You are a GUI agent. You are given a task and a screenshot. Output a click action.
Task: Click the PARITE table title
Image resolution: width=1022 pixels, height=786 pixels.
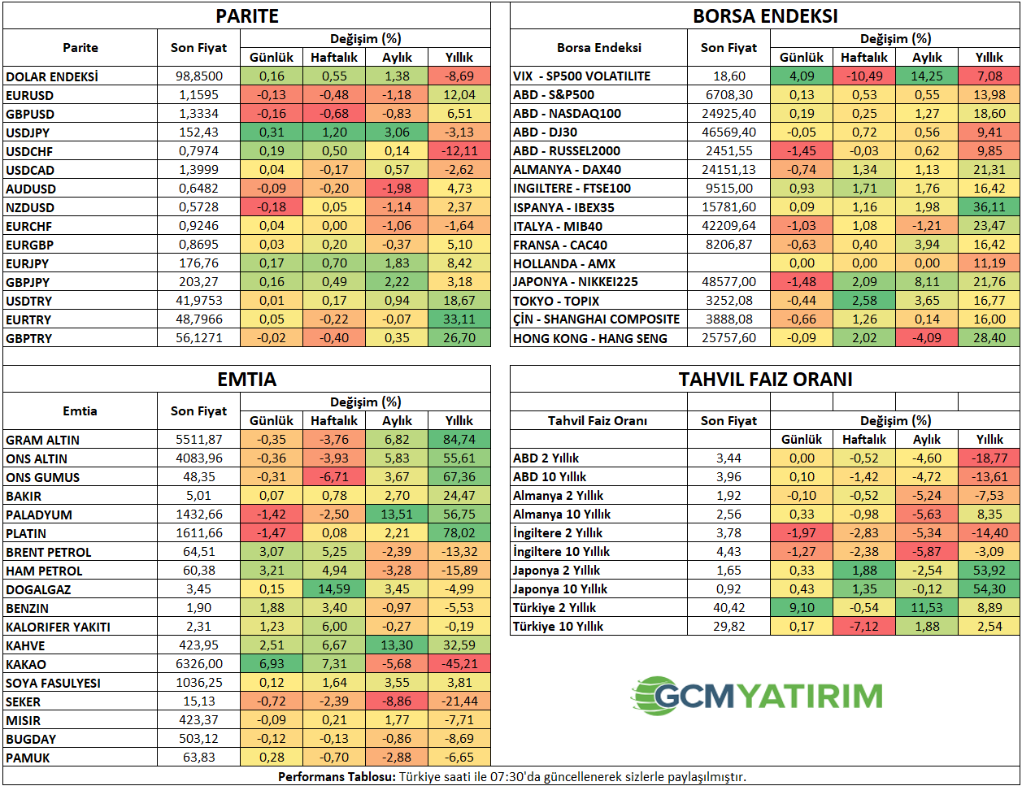click(247, 16)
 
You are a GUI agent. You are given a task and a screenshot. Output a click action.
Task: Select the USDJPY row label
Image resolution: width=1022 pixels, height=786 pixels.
click(28, 132)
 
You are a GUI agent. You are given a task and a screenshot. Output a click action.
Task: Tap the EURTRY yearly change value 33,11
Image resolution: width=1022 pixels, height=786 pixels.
click(459, 319)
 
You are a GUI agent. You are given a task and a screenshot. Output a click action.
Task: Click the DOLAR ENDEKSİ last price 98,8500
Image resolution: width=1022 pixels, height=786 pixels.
click(199, 76)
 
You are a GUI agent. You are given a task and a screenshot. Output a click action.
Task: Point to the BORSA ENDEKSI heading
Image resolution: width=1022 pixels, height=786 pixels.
click(765, 16)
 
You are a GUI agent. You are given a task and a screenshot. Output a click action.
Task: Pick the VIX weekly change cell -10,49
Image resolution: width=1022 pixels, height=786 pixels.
click(864, 76)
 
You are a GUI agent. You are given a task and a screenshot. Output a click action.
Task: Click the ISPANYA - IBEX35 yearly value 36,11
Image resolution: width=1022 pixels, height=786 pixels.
click(989, 207)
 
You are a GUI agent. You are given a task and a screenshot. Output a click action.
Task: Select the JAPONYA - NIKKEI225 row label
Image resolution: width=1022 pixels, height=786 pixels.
click(576, 282)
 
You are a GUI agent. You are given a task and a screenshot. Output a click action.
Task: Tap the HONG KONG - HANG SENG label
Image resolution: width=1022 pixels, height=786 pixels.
click(590, 338)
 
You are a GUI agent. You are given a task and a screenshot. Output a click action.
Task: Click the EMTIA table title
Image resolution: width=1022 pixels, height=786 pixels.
click(247, 380)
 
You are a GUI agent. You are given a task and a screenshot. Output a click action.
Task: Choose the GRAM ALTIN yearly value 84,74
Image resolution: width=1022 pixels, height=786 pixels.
click(459, 440)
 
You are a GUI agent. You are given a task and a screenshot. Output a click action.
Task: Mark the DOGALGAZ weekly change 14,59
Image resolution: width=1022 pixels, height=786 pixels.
click(334, 589)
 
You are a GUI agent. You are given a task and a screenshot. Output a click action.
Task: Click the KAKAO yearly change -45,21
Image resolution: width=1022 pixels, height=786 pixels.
click(459, 664)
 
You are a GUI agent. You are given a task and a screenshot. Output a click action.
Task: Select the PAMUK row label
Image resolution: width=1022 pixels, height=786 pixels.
click(28, 758)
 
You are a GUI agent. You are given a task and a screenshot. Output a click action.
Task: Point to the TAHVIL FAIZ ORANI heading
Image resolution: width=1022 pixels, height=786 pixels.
click(765, 380)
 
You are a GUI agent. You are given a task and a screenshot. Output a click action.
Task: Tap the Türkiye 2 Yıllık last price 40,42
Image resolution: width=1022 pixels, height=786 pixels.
click(729, 608)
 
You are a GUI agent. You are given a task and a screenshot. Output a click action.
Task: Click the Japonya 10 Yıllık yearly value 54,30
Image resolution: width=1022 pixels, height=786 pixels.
click(989, 589)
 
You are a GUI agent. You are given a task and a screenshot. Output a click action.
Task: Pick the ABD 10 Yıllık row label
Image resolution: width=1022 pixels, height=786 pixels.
click(550, 477)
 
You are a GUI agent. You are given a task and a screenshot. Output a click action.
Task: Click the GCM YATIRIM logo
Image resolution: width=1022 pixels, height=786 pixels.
click(757, 696)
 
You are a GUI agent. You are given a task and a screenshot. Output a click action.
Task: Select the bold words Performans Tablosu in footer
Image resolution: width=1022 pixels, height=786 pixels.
click(337, 777)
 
